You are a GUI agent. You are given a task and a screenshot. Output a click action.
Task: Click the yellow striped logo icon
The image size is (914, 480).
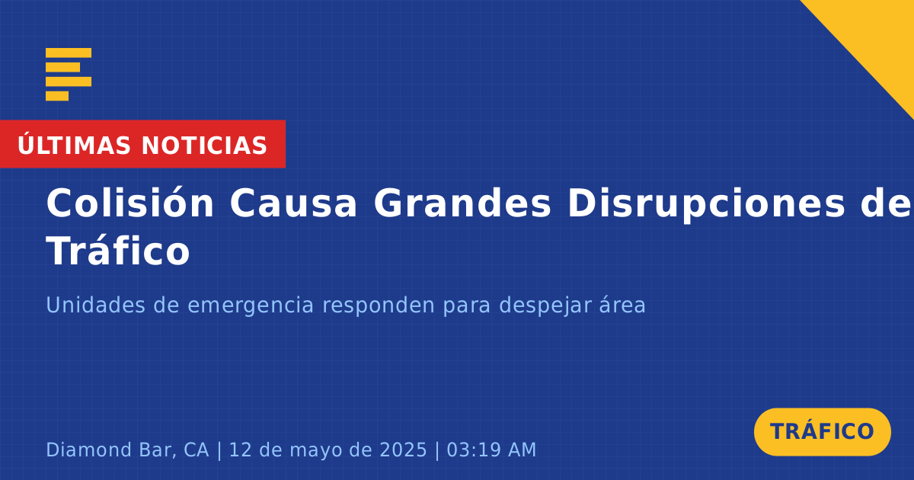click(x=69, y=75)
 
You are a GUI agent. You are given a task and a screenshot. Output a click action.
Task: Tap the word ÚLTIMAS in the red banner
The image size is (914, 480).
click(x=74, y=144)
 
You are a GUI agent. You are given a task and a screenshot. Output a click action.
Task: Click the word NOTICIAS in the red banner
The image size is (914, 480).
click(x=204, y=146)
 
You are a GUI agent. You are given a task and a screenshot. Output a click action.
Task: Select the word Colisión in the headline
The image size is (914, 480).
click(x=129, y=203)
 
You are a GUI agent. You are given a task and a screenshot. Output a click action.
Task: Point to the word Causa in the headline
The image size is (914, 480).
click(x=293, y=203)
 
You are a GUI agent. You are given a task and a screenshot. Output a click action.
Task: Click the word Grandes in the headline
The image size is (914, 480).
click(x=462, y=203)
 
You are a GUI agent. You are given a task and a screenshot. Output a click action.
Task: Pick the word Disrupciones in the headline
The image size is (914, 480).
click(x=706, y=205)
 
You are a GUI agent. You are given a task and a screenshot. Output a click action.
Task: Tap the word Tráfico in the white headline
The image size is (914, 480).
click(x=118, y=251)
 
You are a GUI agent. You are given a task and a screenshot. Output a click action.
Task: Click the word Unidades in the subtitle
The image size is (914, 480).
click(x=95, y=305)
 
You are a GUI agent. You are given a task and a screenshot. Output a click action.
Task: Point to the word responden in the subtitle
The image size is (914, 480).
click(x=379, y=306)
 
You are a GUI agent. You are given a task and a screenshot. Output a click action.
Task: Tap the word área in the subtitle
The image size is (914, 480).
click(x=622, y=305)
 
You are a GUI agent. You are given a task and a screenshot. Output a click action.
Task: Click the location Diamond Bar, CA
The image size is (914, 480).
click(x=127, y=450)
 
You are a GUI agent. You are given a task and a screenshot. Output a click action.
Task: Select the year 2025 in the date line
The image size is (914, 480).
click(x=403, y=450)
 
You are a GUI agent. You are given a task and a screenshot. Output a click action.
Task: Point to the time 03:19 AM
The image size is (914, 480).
click(x=491, y=450)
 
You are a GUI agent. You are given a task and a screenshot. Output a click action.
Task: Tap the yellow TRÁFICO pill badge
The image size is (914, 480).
click(x=822, y=432)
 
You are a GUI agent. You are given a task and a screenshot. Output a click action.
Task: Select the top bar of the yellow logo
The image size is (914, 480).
click(x=69, y=53)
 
